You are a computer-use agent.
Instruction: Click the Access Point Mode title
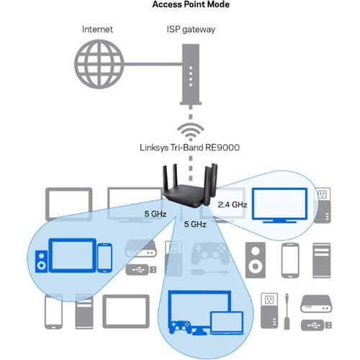179,6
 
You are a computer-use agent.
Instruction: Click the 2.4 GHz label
233,205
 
